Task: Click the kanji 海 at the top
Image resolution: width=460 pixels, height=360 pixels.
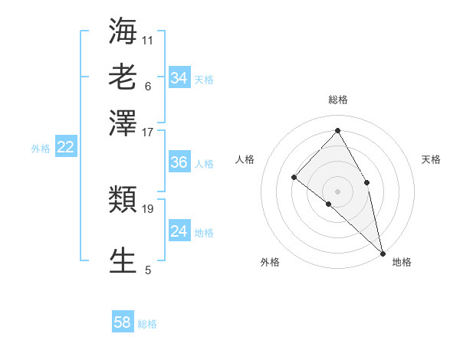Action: click(123, 31)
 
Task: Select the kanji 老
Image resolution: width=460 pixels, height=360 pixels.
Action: click(123, 77)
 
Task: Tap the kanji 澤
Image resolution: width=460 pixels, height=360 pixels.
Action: click(123, 123)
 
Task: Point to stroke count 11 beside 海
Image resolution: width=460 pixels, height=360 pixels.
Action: click(148, 39)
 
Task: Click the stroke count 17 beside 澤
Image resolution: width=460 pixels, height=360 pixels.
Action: click(148, 132)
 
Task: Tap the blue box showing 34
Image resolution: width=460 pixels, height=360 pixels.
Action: click(179, 77)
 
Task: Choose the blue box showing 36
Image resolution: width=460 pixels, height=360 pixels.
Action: click(179, 162)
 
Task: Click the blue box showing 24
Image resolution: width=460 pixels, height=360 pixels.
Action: click(179, 231)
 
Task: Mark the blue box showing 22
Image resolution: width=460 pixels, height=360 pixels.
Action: click(65, 147)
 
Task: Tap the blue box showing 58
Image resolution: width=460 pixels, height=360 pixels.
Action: click(123, 322)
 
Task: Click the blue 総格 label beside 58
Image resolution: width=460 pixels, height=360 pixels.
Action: click(147, 324)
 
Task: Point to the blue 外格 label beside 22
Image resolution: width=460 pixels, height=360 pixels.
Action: click(41, 149)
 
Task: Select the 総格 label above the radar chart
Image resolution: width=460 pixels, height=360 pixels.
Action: click(338, 100)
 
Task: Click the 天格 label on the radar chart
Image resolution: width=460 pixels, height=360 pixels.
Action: click(431, 159)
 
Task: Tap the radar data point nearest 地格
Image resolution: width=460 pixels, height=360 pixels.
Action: click(383, 252)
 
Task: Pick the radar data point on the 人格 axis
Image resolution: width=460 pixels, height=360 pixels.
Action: click(294, 178)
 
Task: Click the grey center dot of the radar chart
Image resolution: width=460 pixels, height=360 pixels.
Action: click(338, 191)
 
